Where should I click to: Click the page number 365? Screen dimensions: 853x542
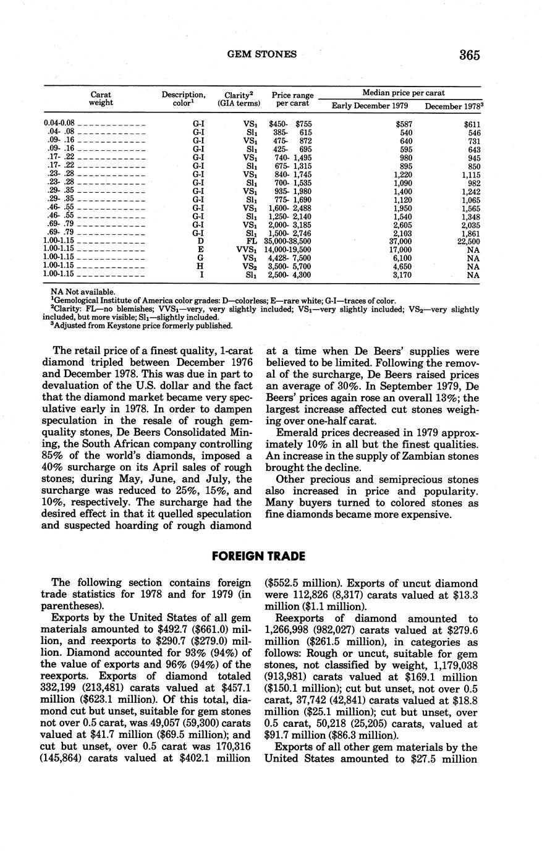[x=470, y=55]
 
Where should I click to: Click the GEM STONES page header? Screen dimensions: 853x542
[x=262, y=54]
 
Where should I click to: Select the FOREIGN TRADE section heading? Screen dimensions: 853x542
[x=258, y=556]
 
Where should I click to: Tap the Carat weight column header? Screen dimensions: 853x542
[x=101, y=98]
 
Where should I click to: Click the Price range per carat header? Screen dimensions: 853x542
[x=292, y=100]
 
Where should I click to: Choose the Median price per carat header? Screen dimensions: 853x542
[x=403, y=93]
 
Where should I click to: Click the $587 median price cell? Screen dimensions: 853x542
[x=404, y=124]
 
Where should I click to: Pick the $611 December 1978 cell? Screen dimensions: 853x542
[x=472, y=124]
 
